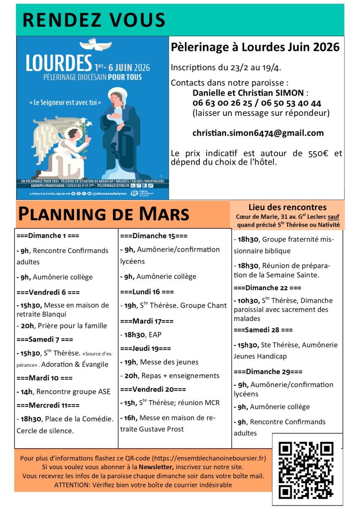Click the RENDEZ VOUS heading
[94, 20]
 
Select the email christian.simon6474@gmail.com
[258, 133]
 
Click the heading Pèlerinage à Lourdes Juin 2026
[255, 47]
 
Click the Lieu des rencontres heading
[287, 207]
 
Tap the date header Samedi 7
[45, 340]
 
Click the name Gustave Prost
[159, 429]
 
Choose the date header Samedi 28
[263, 330]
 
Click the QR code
[306, 469]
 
